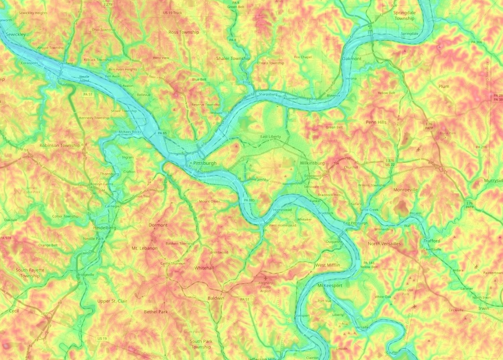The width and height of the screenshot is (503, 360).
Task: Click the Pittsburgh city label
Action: point(205,163)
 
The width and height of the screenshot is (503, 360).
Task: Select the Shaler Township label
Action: point(233,58)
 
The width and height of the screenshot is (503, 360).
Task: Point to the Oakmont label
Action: point(352,58)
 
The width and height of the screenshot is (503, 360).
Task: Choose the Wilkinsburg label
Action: point(312,163)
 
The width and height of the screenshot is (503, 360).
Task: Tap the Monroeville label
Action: point(406,189)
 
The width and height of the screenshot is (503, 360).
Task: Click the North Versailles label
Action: point(385,243)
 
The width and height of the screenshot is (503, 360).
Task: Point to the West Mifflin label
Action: point(328,265)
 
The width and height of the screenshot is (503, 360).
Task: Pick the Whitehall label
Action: point(204,267)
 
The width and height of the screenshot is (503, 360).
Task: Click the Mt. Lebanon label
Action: point(143,249)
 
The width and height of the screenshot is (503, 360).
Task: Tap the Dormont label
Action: point(158,225)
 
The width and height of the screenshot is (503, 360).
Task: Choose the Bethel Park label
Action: point(156,311)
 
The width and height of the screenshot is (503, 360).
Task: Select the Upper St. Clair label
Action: point(111,301)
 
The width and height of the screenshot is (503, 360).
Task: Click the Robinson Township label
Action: point(59,146)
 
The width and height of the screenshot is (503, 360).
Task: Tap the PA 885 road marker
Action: point(248,201)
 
